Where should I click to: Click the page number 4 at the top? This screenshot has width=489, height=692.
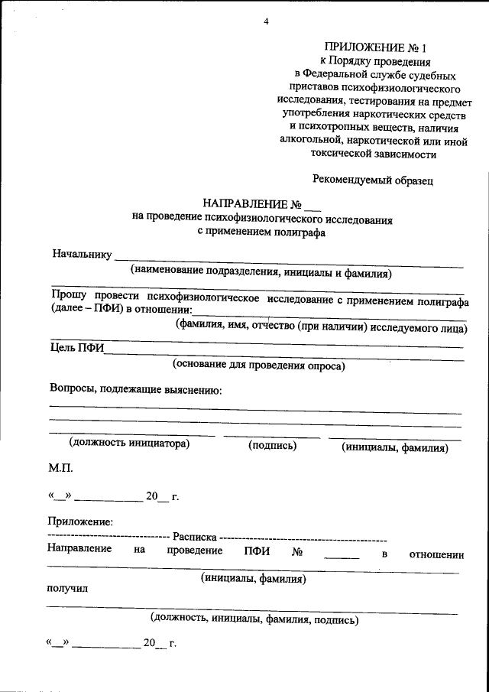[267, 21]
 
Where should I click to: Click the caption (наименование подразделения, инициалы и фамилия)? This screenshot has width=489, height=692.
[261, 271]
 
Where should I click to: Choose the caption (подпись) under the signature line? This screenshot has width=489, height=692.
[272, 446]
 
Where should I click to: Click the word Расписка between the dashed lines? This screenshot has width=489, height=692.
[194, 537]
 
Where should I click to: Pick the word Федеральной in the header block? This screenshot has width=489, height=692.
[339, 75]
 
